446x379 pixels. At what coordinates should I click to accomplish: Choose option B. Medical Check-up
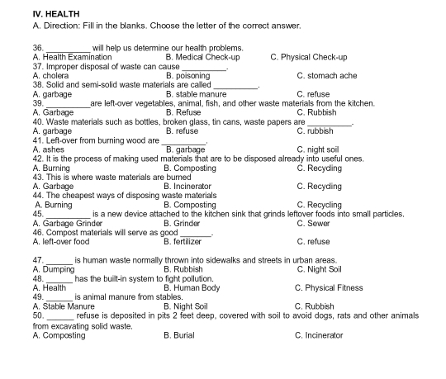point(202,58)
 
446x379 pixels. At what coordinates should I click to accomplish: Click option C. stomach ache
point(327,76)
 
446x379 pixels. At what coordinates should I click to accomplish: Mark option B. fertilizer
point(187,241)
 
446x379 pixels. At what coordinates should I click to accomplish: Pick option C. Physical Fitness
point(328,287)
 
